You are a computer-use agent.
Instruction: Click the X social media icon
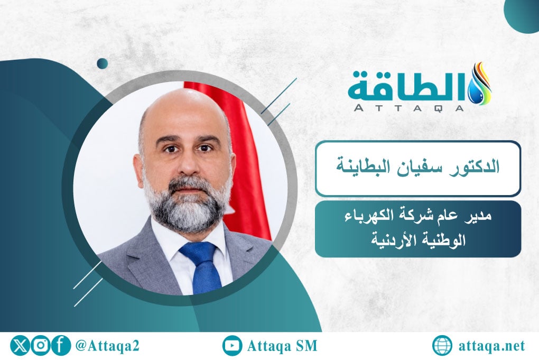click(x=21, y=346)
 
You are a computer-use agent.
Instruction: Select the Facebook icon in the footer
click(x=61, y=346)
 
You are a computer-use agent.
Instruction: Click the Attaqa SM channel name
click(x=282, y=346)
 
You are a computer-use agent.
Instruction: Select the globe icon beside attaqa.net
click(x=442, y=346)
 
